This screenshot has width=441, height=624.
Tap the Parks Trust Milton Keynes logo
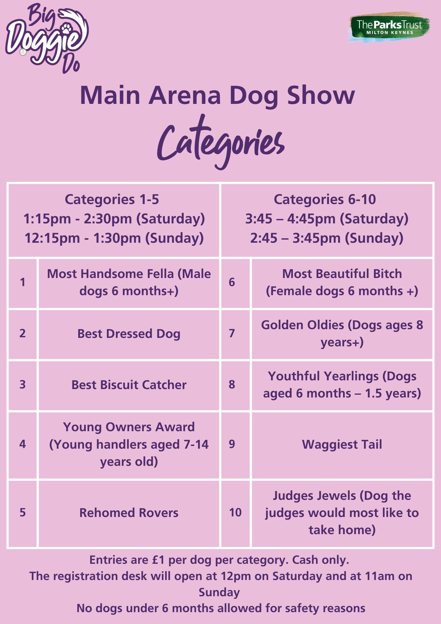coord(389,27)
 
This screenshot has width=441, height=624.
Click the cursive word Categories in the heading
coord(221,142)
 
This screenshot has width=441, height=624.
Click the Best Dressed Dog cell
coord(129,334)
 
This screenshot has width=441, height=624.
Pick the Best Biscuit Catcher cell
coord(129,385)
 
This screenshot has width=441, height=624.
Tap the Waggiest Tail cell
coord(342,444)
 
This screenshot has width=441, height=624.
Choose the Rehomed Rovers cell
coord(129,513)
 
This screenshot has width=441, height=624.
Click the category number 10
coord(235,512)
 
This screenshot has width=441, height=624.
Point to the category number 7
coord(232,333)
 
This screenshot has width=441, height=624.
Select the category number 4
coord(22,444)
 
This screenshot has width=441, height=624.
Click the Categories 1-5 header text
coord(112,199)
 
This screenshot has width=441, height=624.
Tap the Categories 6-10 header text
coord(325,199)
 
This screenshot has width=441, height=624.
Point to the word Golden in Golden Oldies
coord(282,325)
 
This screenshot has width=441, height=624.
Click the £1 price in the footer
coord(158,560)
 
